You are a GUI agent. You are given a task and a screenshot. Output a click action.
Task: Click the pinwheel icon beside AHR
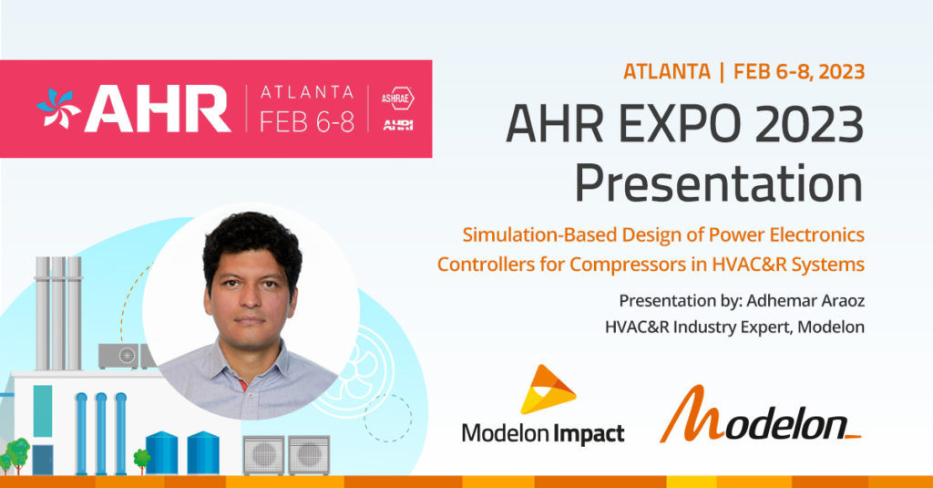point(57,109)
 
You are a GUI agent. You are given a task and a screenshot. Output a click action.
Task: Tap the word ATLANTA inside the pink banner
point(306,92)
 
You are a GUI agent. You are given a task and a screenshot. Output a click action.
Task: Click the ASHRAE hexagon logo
point(397,97)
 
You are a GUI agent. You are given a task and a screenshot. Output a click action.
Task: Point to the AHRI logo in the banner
point(397,125)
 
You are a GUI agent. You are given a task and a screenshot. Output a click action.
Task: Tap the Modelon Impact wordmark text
point(543,431)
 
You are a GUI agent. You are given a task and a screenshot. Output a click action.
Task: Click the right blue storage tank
point(202,452)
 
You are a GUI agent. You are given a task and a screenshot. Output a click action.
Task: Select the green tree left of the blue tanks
point(141,457)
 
